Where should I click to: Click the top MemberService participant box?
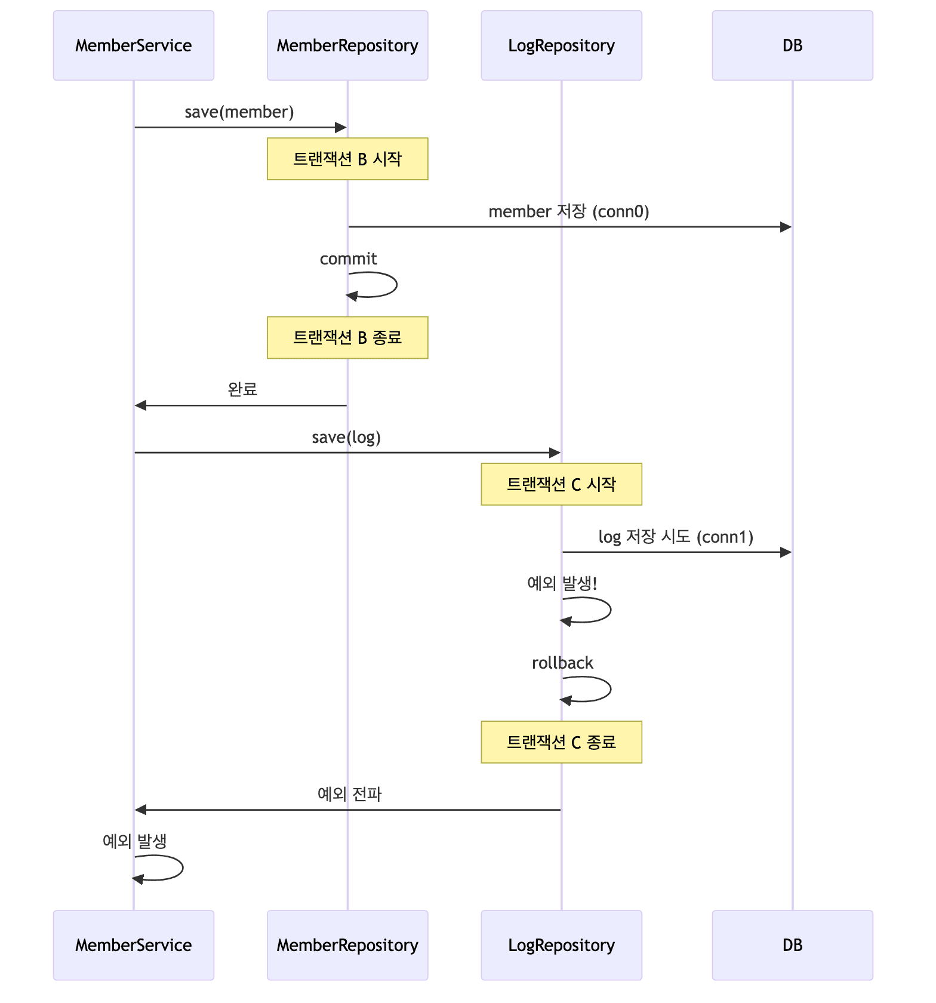pyautogui.click(x=133, y=45)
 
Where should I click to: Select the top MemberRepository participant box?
pyautogui.click(x=347, y=45)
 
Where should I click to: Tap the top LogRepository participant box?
pyautogui.click(x=561, y=45)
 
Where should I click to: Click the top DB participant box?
pyautogui.click(x=792, y=45)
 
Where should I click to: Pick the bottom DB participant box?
pyautogui.click(x=792, y=945)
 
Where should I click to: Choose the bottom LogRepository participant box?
pyautogui.click(x=561, y=945)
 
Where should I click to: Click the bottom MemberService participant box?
pyautogui.click(x=133, y=945)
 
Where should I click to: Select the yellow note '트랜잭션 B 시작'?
pyautogui.click(x=347, y=159)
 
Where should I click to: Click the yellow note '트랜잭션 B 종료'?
pyautogui.click(x=347, y=337)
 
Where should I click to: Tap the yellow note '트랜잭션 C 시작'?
pyautogui.click(x=561, y=484)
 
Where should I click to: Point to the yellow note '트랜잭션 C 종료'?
pyautogui.click(x=561, y=742)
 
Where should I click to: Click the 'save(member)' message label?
pyautogui.click(x=239, y=112)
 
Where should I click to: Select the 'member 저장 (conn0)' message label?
pyautogui.click(x=569, y=211)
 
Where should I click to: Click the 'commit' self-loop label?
pyautogui.click(x=348, y=259)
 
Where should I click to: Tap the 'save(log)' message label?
pyautogui.click(x=346, y=438)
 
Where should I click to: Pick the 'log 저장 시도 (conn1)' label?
pyautogui.click(x=676, y=537)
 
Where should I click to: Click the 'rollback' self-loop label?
pyautogui.click(x=562, y=663)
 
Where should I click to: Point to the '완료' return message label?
pyautogui.click(x=242, y=389)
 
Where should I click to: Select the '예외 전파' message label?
pyautogui.click(x=349, y=794)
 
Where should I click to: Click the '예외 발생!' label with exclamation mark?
pyautogui.click(x=562, y=583)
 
